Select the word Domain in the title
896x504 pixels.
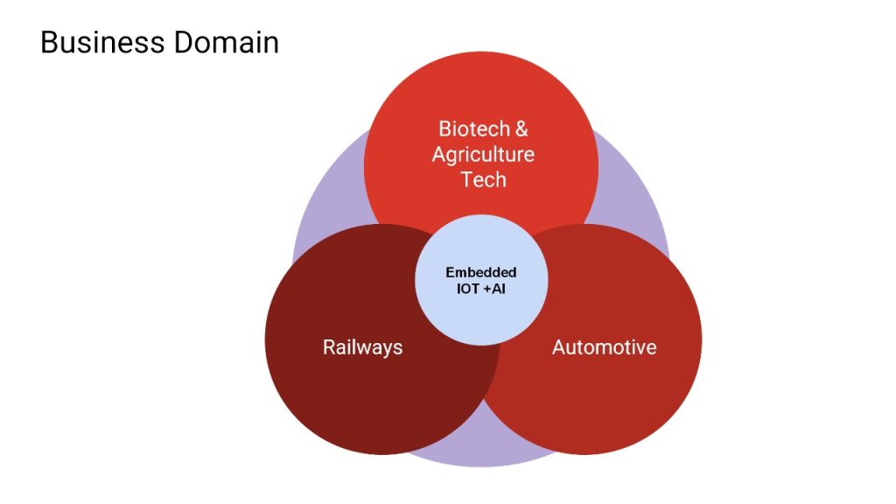tap(227, 43)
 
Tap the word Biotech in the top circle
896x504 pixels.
tap(474, 129)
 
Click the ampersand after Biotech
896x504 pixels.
tap(521, 129)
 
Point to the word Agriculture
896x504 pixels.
tap(483, 154)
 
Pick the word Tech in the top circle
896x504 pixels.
tap(483, 179)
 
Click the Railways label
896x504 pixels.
tap(362, 347)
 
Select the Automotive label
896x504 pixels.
tap(604, 347)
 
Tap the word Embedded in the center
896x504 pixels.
tap(481, 272)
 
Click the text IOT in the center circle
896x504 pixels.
tap(468, 289)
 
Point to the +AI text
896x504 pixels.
tap(494, 289)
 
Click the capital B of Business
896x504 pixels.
tap(49, 43)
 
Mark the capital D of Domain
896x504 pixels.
tap(184, 43)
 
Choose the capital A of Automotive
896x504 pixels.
tap(559, 347)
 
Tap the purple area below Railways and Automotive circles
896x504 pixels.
tap(483, 443)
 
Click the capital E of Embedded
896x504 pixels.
tap(450, 272)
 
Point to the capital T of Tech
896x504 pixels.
tap(467, 179)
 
